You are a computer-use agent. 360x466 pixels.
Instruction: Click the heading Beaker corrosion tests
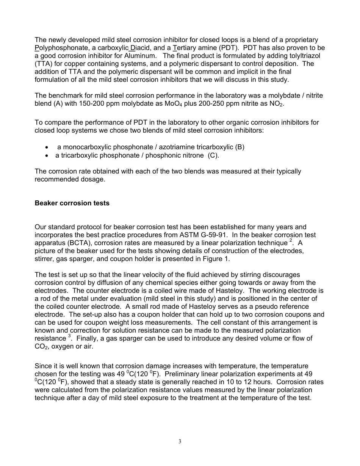[x=72, y=203]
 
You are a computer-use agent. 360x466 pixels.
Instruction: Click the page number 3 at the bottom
[x=180, y=441]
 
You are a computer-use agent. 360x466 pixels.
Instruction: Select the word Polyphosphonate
[x=57, y=48]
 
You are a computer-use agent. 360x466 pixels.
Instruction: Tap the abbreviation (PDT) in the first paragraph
[x=226, y=48]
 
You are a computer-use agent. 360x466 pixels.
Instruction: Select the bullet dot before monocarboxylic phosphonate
[x=47, y=147]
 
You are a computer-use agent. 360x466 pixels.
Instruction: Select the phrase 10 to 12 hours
[x=254, y=382]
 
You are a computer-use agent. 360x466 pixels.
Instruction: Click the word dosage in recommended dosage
[x=94, y=179]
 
